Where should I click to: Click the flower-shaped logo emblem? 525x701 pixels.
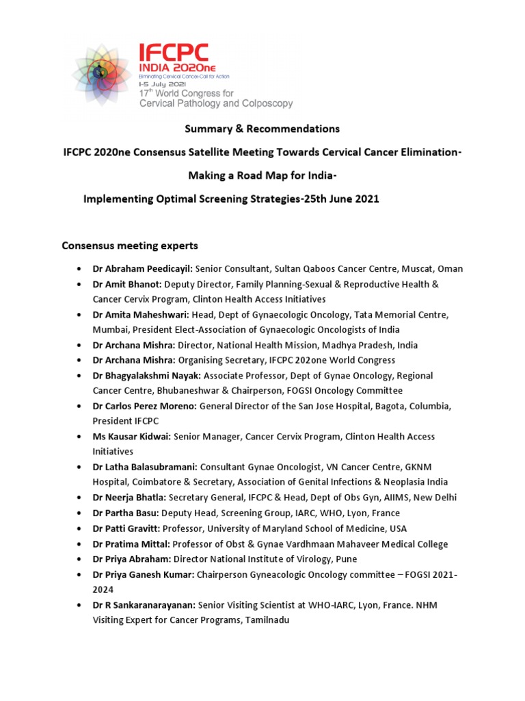coord(103,75)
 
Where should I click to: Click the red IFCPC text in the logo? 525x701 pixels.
coord(174,53)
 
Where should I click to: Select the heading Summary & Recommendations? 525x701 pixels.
coord(262,129)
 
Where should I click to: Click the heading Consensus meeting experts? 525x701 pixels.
coord(130,245)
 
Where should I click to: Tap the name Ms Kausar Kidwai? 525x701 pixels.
coord(132,437)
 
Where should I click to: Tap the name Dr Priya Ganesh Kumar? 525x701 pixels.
coord(144,574)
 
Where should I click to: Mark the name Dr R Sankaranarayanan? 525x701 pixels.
coord(144,605)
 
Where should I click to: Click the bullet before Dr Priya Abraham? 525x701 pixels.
coord(81,559)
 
